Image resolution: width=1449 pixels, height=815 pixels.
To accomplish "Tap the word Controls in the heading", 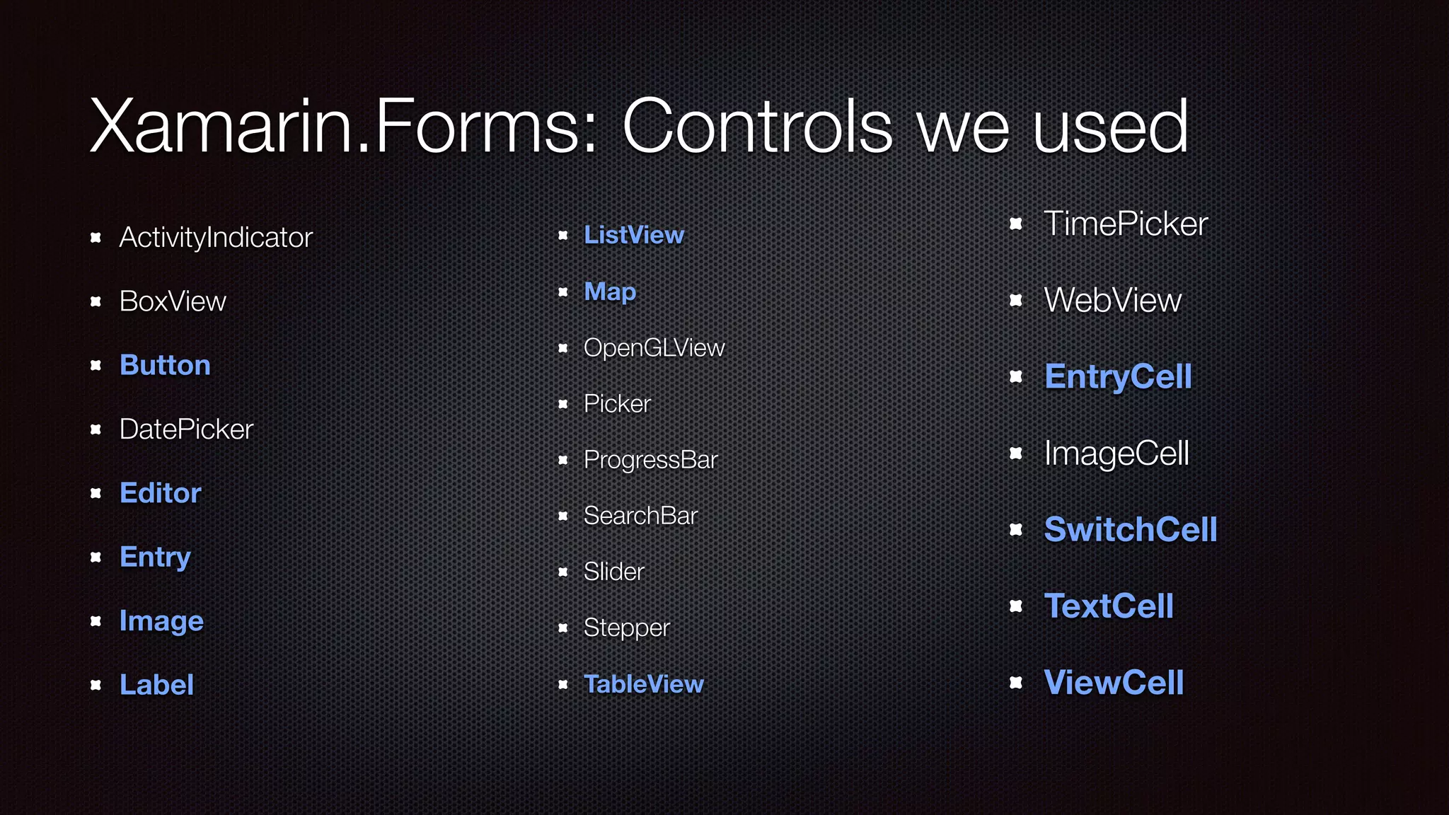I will tap(757, 127).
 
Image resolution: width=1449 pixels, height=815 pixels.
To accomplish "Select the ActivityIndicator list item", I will tap(216, 238).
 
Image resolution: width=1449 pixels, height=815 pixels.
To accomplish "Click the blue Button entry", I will tap(165, 365).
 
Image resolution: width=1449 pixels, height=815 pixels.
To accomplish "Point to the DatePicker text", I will tap(186, 429).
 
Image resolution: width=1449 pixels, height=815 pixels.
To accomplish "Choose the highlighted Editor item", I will tap(161, 493).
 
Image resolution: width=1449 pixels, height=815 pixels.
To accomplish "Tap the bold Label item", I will tap(156, 685).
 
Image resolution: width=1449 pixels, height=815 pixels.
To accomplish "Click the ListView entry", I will tap(634, 235).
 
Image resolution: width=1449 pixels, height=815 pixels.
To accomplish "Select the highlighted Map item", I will tap(610, 291).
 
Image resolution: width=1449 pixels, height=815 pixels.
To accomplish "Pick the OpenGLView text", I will tap(654, 348).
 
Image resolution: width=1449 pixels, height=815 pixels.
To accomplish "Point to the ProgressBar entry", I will tap(650, 460).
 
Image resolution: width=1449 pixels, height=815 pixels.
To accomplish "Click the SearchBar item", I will tap(640, 516).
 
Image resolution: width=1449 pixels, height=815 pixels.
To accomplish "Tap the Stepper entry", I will tap(626, 628).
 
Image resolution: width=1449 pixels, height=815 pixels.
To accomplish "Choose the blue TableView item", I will tap(643, 684).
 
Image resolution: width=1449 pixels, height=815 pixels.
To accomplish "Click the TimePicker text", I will tap(1126, 224).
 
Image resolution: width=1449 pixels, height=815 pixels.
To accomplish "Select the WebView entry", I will tap(1113, 301).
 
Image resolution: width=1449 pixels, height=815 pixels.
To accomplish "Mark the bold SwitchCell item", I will tap(1131, 530).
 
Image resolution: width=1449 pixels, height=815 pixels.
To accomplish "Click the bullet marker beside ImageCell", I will tap(1016, 453).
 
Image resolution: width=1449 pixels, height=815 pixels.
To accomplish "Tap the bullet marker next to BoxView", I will tap(96, 302).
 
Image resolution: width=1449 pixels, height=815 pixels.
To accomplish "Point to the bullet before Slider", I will tap(563, 572).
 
